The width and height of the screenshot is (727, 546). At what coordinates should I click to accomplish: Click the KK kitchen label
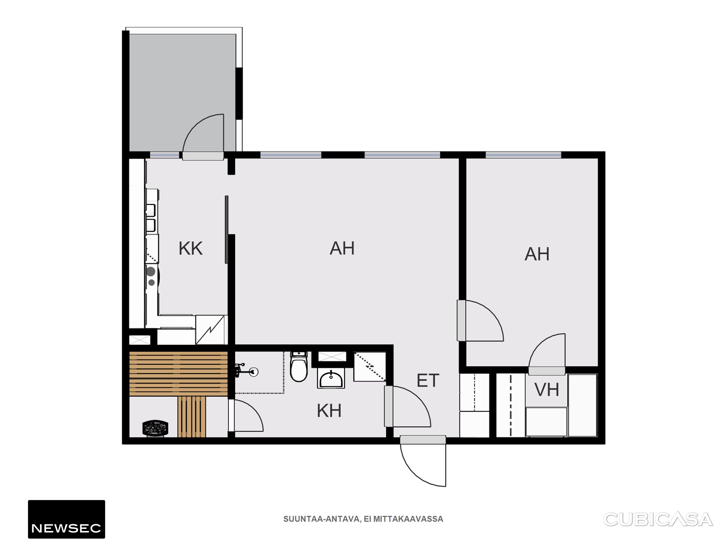(191, 248)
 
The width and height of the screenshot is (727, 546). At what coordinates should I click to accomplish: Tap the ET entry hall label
(428, 380)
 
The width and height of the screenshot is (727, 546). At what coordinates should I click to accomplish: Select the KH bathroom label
(329, 411)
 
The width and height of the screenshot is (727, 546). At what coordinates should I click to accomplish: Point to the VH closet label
(546, 390)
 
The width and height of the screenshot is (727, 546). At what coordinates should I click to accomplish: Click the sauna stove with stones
(156, 428)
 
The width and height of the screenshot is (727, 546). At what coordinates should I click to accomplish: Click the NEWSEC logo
(66, 519)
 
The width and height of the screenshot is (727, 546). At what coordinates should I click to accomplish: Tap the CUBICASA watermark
(658, 519)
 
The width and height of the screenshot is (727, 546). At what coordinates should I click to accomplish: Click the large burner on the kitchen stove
(151, 271)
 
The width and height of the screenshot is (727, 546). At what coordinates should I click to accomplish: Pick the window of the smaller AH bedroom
(523, 155)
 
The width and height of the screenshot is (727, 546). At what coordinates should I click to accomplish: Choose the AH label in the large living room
(342, 248)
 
